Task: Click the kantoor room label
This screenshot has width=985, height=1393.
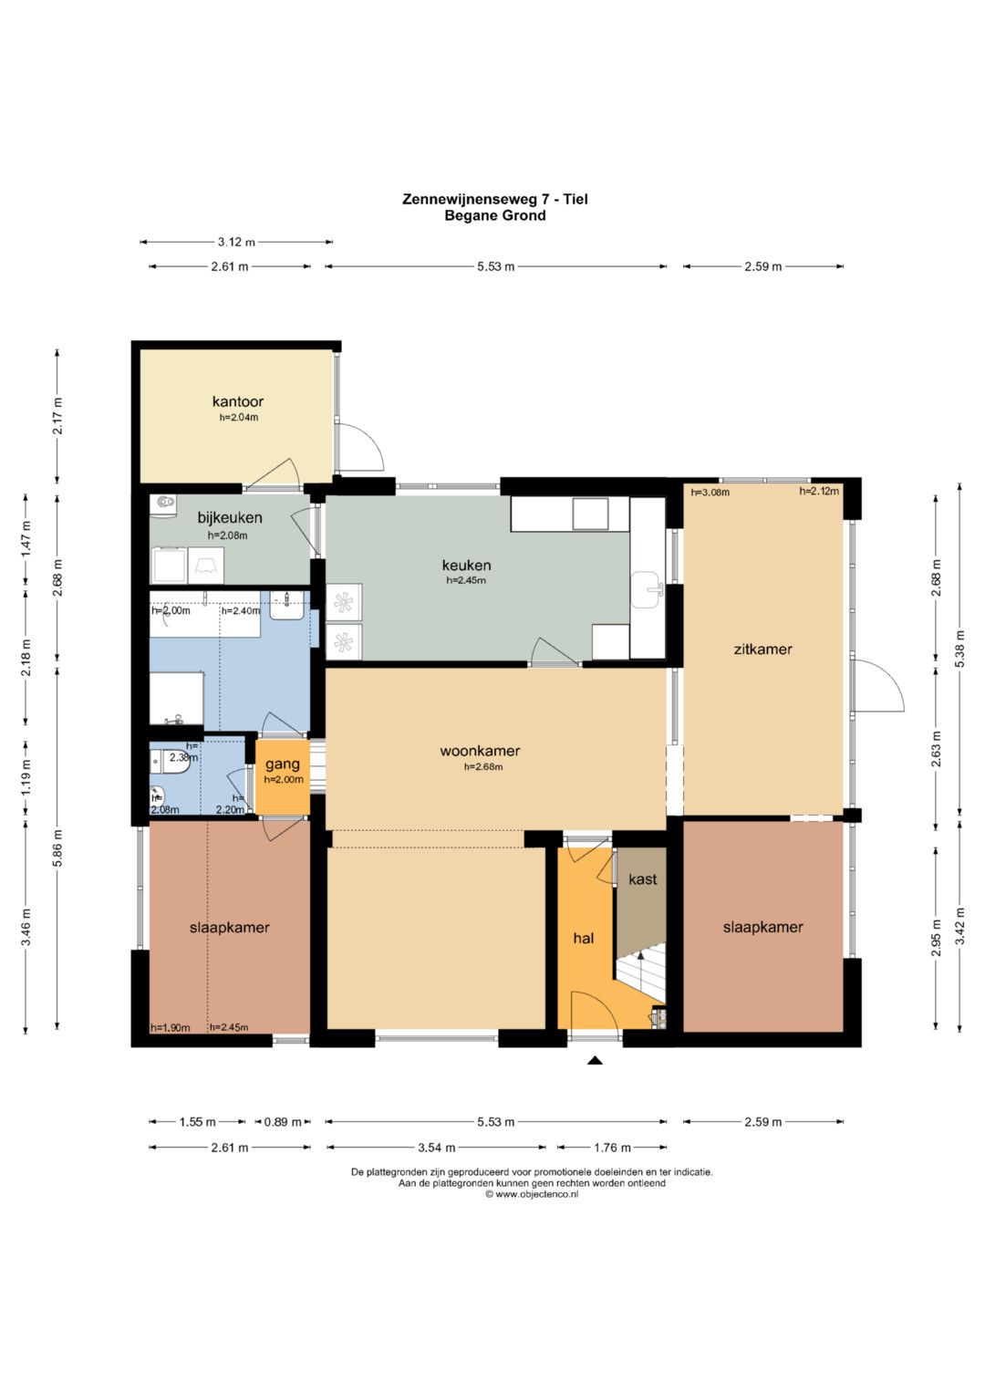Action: click(x=237, y=401)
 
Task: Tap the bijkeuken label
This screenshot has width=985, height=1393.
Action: click(x=230, y=517)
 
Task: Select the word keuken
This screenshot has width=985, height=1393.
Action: click(x=466, y=566)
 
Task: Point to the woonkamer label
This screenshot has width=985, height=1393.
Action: click(x=480, y=751)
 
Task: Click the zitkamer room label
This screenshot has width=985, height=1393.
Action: click(x=763, y=650)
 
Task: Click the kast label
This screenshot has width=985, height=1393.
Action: click(x=642, y=879)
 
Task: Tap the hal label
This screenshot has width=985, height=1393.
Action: click(x=584, y=938)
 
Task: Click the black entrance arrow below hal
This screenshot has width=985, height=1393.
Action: click(x=595, y=1060)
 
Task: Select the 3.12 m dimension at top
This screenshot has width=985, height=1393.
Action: click(x=236, y=242)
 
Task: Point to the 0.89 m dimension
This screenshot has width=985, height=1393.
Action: click(x=283, y=1122)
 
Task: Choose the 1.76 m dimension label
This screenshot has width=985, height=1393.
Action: click(x=612, y=1148)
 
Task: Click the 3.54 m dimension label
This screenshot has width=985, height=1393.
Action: click(x=436, y=1148)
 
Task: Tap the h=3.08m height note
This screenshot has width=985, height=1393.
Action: click(x=710, y=493)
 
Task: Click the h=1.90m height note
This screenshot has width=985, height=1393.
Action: click(x=171, y=1028)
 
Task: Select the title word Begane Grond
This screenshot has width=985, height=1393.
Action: click(x=495, y=216)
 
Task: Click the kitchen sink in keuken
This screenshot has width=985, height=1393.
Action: click(x=648, y=590)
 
